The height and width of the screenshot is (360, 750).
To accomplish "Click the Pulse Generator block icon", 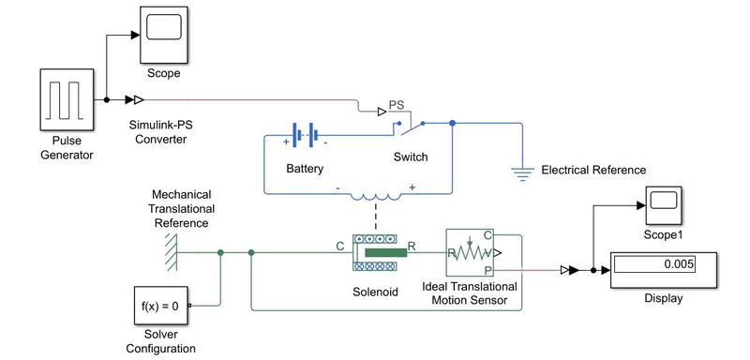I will (66, 99).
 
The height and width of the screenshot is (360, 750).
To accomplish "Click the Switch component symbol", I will (412, 123).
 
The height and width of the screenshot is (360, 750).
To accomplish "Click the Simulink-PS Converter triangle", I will (136, 99).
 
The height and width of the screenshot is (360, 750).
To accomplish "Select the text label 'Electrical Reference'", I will (593, 170).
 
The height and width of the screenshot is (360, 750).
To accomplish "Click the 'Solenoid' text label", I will (375, 292).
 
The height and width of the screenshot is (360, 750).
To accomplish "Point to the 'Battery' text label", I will (305, 170).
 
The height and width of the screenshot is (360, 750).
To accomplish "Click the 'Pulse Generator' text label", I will (66, 147).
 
